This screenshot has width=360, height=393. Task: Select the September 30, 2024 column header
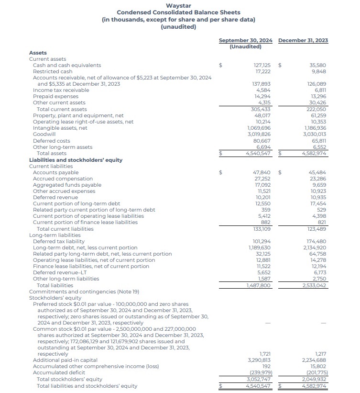(x=245, y=40)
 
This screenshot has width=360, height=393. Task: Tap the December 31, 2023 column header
(x=303, y=40)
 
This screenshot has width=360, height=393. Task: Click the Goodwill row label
(x=44, y=135)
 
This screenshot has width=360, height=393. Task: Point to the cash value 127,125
(x=262, y=65)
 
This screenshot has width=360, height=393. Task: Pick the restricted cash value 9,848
(x=318, y=71)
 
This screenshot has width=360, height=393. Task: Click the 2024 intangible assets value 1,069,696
(x=259, y=128)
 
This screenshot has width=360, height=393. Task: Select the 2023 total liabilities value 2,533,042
(x=314, y=285)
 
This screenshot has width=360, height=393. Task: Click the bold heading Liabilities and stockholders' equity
(x=76, y=160)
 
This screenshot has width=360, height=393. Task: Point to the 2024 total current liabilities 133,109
(x=261, y=229)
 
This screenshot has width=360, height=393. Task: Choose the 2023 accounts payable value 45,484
(x=317, y=172)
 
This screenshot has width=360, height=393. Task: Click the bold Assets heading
(x=38, y=53)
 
